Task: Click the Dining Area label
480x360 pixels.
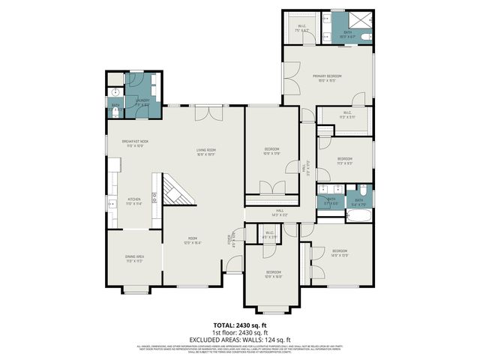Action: coord(135,259)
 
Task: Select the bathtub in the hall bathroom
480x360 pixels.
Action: coord(358,217)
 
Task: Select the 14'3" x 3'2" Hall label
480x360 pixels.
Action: coord(279,213)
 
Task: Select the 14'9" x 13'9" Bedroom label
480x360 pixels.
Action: coord(340,253)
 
